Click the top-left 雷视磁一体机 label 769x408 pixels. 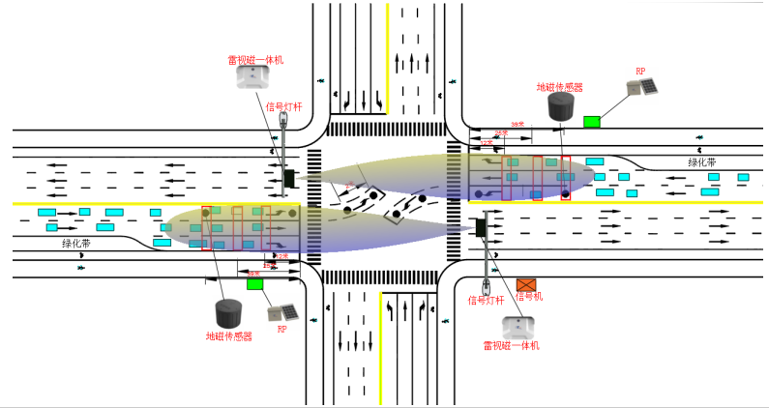click(x=255, y=60)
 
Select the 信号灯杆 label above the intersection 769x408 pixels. click(x=284, y=106)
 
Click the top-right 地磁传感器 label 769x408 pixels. click(x=559, y=87)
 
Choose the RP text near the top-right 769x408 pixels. click(x=640, y=72)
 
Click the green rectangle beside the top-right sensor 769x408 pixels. click(x=591, y=121)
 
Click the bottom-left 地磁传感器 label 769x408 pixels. click(x=228, y=336)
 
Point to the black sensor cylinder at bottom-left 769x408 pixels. click(x=228, y=312)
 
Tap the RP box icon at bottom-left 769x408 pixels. click(x=282, y=313)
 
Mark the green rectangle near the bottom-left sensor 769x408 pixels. click(x=255, y=283)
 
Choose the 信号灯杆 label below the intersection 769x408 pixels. click(x=487, y=300)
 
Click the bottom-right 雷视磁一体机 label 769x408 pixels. click(x=512, y=345)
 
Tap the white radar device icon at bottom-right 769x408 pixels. click(x=514, y=326)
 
